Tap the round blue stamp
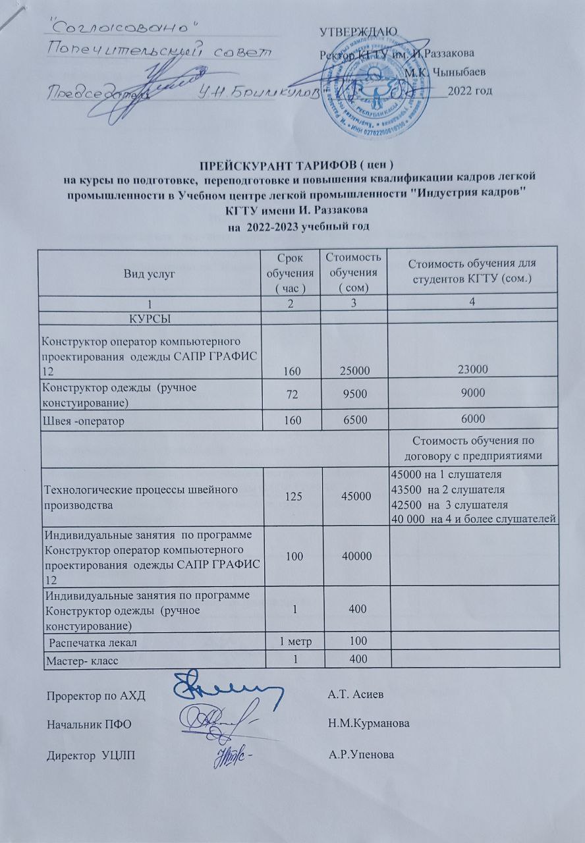[x=370, y=92]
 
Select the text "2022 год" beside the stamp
[x=470, y=90]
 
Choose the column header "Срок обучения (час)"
[x=289, y=273]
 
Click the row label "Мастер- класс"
[x=80, y=660]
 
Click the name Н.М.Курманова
[x=368, y=723]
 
